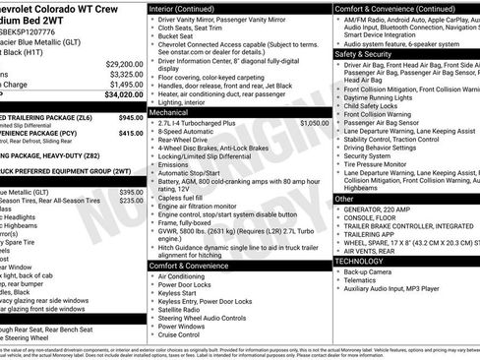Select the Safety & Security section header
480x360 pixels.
click(365, 53)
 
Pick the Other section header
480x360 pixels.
click(344, 199)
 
